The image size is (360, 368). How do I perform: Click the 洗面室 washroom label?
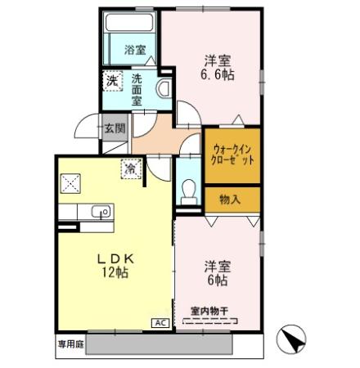(137, 90)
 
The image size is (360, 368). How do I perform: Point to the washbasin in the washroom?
(164, 90)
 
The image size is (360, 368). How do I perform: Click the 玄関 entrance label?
(115, 128)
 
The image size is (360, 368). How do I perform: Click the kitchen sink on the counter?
(101, 212)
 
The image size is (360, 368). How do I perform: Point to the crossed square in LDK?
(68, 182)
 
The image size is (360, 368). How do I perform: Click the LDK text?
(114, 258)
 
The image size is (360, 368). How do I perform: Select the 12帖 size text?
(114, 272)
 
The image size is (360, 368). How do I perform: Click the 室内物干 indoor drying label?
(208, 310)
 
